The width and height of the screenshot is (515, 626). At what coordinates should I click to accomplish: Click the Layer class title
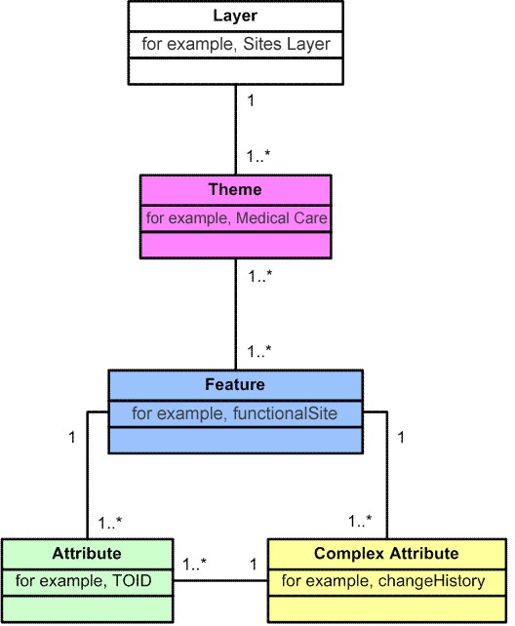[235, 17]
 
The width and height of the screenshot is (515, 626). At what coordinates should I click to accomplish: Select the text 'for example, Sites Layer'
[235, 44]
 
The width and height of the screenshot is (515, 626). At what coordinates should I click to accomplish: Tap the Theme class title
[235, 189]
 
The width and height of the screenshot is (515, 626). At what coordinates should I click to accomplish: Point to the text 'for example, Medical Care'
[235, 218]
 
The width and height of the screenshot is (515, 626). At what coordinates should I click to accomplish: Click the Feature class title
[235, 384]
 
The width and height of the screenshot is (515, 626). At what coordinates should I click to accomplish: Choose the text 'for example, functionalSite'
[235, 413]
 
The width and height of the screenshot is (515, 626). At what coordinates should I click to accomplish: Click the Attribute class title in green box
[86, 553]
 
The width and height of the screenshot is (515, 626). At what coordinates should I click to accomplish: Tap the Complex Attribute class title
[386, 553]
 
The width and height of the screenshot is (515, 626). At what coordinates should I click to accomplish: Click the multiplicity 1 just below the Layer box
[251, 100]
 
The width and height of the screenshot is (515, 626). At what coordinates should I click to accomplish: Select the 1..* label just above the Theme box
[258, 155]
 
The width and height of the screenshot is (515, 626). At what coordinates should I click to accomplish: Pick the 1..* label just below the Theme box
[258, 276]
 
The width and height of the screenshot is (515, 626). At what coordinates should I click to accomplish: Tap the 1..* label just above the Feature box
[258, 350]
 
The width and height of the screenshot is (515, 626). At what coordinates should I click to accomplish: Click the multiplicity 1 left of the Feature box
[71, 437]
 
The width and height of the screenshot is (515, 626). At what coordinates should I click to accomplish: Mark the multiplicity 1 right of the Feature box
[401, 437]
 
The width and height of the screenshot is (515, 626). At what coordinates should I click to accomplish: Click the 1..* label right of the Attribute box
[195, 564]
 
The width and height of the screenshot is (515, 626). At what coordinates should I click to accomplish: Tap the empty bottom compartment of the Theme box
[235, 245]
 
